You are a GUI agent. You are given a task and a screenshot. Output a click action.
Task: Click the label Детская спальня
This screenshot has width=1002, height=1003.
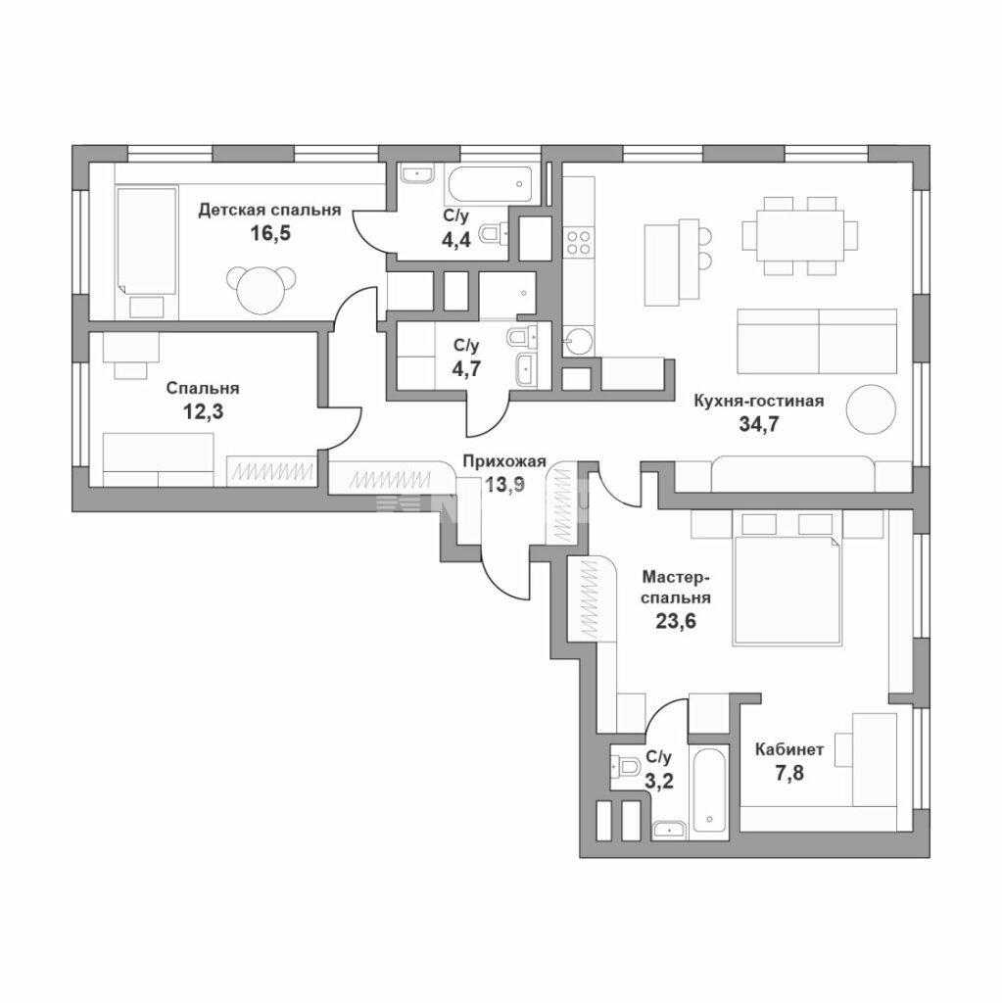tap(269, 210)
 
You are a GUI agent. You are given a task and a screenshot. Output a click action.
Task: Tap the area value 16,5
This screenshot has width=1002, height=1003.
tap(270, 233)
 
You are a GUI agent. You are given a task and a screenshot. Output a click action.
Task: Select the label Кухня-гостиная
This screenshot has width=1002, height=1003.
tap(759, 401)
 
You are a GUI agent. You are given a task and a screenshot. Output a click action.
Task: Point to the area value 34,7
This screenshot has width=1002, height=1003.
tap(759, 424)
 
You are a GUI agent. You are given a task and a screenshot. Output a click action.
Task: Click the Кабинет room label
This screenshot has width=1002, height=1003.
tap(789, 749)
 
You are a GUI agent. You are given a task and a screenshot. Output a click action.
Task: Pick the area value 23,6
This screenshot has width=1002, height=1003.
tap(676, 620)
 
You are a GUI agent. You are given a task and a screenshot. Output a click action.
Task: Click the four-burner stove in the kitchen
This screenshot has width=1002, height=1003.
tap(579, 242)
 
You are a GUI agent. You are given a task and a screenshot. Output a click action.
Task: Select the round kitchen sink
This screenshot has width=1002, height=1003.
tap(579, 340)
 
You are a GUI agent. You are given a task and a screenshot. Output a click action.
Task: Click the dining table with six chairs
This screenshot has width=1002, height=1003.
tap(800, 236)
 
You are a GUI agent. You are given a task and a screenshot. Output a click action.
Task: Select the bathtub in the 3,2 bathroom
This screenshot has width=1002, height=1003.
tap(708, 789)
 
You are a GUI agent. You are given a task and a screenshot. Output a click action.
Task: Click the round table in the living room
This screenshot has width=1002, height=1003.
tap(871, 409)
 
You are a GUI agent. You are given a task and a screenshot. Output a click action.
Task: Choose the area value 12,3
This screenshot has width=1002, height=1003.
tap(204, 411)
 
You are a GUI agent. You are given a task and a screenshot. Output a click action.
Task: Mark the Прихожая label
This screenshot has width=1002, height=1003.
tap(504, 461)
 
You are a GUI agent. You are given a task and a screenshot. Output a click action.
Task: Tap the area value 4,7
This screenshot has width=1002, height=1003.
tap(466, 368)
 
